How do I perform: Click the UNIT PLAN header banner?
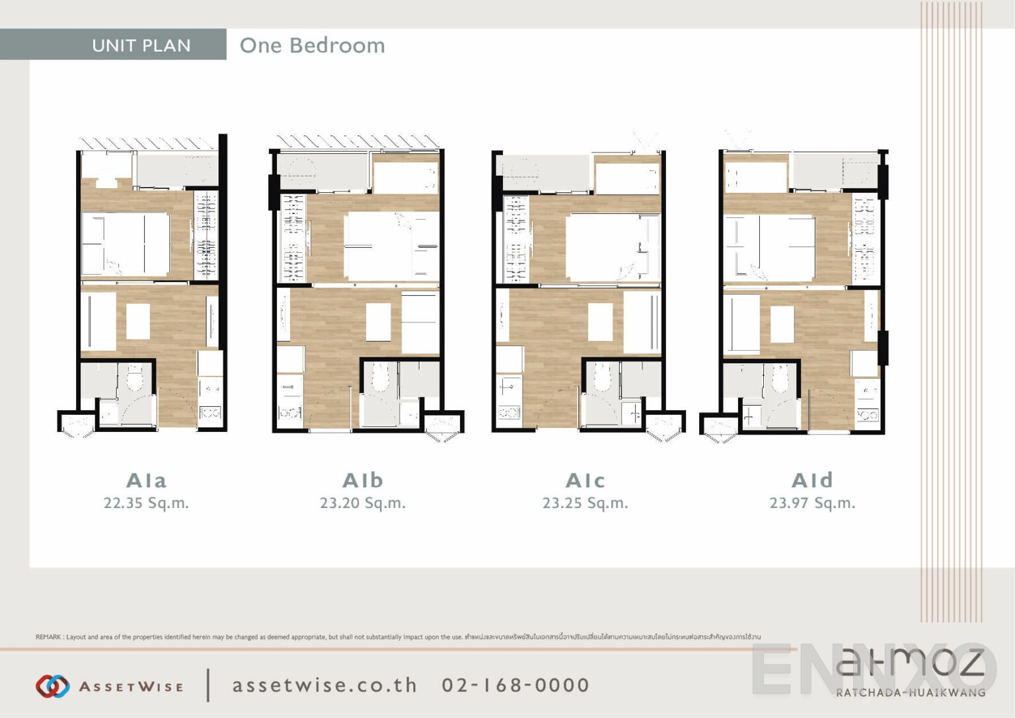tap(141, 45)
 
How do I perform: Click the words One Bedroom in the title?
tap(312, 45)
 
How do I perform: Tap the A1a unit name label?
tap(146, 480)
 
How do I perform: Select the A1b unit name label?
tap(363, 480)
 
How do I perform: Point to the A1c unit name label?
tap(585, 480)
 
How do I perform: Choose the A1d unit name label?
tap(812, 480)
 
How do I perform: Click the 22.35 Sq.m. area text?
tap(146, 503)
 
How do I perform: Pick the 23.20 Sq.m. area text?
tap(363, 503)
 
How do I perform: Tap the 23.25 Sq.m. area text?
tap(585, 503)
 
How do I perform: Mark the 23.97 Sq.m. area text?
tap(812, 503)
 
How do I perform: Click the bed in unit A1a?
tap(126, 244)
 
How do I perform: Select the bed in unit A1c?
tap(612, 248)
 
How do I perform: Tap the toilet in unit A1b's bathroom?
tap(380, 378)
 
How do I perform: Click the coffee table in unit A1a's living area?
tap(137, 321)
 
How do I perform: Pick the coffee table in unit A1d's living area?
tap(782, 324)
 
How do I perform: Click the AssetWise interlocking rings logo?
tap(52, 686)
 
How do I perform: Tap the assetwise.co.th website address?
tap(324, 686)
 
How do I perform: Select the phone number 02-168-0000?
tap(515, 686)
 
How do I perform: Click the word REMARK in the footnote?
tap(48, 637)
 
